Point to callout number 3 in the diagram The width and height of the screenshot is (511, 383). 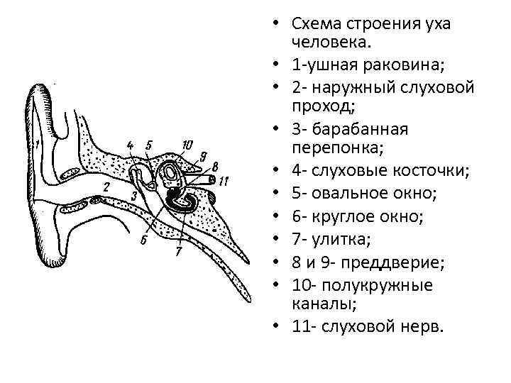coord(133,195)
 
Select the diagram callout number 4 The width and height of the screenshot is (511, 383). coord(130,146)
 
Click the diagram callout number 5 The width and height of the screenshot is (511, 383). coord(148,145)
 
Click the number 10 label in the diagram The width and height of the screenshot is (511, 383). coord(187,145)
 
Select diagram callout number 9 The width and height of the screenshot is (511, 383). coord(203,157)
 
